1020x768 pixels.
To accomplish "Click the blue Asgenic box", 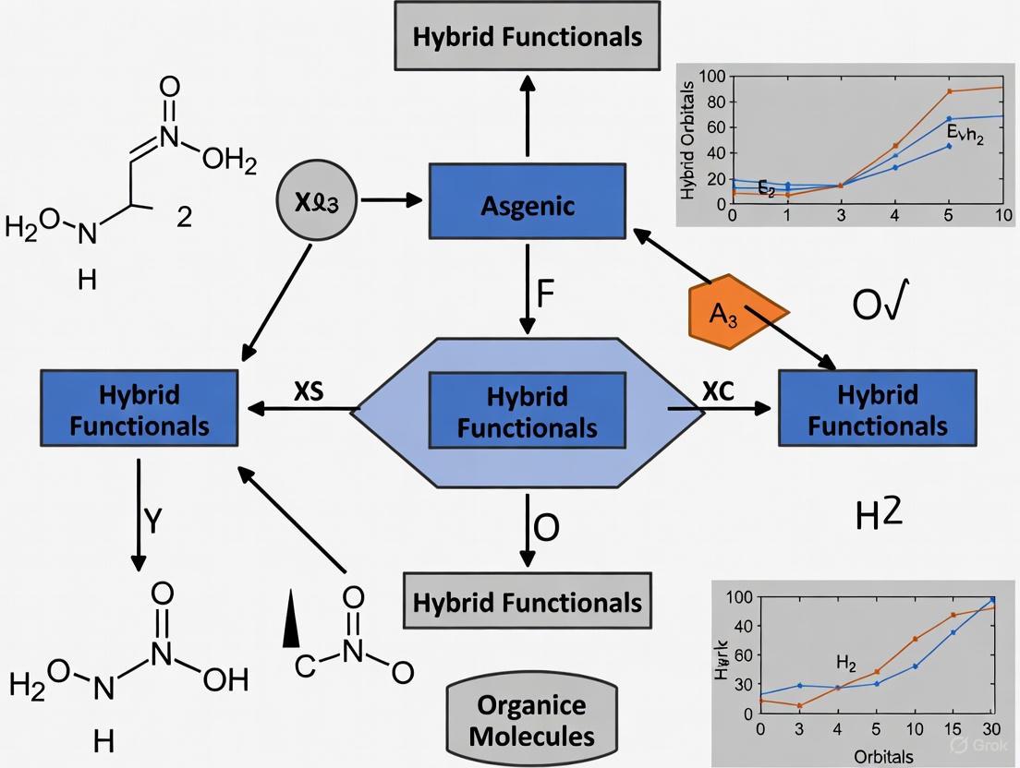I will pyautogui.click(x=527, y=205).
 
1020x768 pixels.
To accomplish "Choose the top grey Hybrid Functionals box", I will pyautogui.click(x=527, y=37).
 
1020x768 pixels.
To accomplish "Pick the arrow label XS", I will pyautogui.click(x=310, y=391).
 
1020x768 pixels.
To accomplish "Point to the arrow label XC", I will pyautogui.click(x=717, y=391).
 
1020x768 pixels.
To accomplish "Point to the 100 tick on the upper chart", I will pyautogui.click(x=714, y=77).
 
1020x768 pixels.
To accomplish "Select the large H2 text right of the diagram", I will pyautogui.click(x=878, y=514).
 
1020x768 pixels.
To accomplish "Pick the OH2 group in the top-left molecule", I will pyautogui.click(x=228, y=161).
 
